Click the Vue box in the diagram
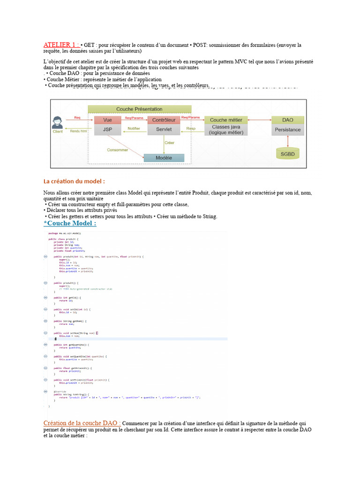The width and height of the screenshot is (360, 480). point(107,120)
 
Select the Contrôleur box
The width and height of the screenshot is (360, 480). point(164,120)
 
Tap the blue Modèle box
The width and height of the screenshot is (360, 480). point(164,158)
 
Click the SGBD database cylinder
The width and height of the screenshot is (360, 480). point(288,153)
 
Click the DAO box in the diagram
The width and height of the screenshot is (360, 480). point(288,120)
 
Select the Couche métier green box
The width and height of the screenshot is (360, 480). point(226,120)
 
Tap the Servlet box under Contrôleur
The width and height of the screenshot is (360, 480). point(164,129)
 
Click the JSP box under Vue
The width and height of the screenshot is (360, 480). point(107,129)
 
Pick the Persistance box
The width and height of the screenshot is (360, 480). point(288,129)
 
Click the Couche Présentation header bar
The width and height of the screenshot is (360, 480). point(139,109)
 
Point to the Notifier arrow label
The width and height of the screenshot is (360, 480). point(134,128)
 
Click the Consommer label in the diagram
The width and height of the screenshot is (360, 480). point(117,150)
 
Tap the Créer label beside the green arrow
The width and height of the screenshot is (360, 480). point(170,142)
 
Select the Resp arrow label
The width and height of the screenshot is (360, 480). point(191,128)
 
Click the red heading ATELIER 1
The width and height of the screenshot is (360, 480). point(61,45)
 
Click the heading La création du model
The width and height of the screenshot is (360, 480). point(74,181)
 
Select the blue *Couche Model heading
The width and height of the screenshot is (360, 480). point(70,223)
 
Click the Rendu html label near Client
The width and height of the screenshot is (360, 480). point(78,131)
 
